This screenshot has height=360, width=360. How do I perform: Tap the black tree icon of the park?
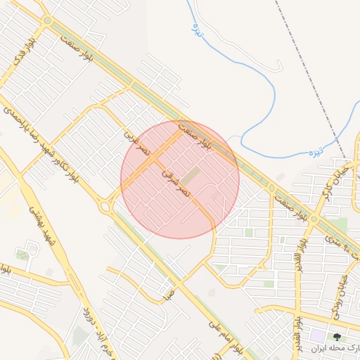[336, 337]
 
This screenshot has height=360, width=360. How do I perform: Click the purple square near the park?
[319, 337]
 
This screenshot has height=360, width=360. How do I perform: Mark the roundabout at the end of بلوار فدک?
[47, 22]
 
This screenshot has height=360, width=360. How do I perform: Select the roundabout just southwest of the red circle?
[105, 206]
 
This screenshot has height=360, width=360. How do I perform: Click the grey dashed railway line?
[309, 77]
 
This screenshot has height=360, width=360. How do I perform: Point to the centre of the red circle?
[180, 179]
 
